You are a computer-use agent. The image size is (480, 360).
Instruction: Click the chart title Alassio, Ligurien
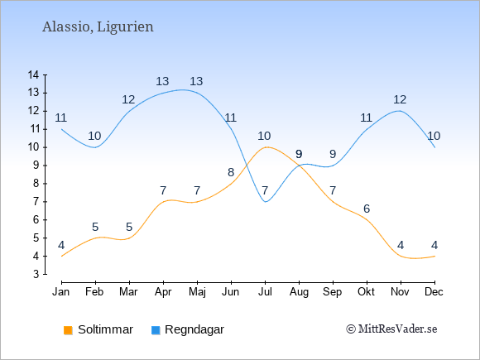pyautogui.click(x=98, y=26)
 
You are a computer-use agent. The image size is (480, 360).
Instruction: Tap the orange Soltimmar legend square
pyautogui.click(x=68, y=330)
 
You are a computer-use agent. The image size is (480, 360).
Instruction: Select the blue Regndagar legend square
pyautogui.click(x=156, y=330)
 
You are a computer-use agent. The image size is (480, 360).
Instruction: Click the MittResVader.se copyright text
pyautogui.click(x=391, y=329)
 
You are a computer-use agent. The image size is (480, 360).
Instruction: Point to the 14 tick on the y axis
pyautogui.click(x=33, y=74)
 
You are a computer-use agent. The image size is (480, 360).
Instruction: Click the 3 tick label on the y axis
pyautogui.click(x=36, y=274)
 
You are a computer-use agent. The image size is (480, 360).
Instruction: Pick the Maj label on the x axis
pyautogui.click(x=197, y=292)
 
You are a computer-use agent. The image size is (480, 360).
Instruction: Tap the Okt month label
pyautogui.click(x=366, y=292)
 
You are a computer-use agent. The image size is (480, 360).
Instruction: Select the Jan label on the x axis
pyautogui.click(x=61, y=292)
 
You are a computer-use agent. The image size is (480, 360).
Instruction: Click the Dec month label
pyautogui.click(x=434, y=292)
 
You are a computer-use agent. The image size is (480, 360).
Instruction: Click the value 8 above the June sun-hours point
pyautogui.click(x=231, y=173)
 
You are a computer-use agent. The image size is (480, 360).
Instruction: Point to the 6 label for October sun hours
pyautogui.click(x=367, y=209)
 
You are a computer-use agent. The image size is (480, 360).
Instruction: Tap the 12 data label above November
pyautogui.click(x=400, y=99)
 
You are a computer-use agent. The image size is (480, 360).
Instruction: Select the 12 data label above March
pyautogui.click(x=128, y=99)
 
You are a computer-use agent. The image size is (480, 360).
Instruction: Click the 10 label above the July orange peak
pyautogui.click(x=264, y=136)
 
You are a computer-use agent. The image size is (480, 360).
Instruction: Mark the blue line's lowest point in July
pyautogui.click(x=265, y=202)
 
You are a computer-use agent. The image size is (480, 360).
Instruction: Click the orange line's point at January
pyautogui.click(x=61, y=257)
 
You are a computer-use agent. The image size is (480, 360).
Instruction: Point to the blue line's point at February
pyautogui.click(x=95, y=147)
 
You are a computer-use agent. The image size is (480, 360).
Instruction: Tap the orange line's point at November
pyautogui.click(x=401, y=256)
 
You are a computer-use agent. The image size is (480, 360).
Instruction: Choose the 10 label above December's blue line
pyautogui.click(x=434, y=136)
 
